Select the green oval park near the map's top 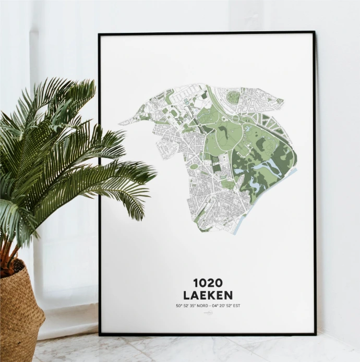click(x=234, y=97)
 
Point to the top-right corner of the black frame click(x=315, y=32)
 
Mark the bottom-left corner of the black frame click(x=100, y=333)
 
